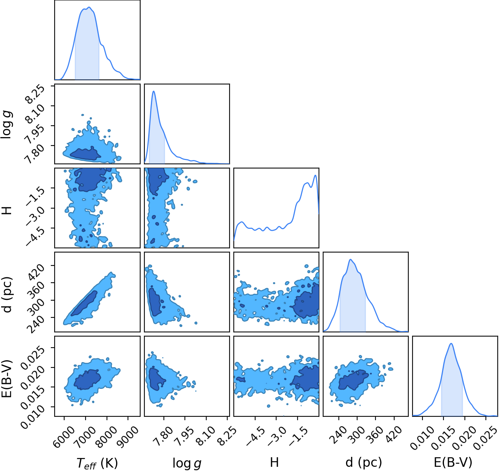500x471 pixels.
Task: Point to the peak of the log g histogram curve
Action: click(x=154, y=91)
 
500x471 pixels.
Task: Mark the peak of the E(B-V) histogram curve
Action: click(x=451, y=343)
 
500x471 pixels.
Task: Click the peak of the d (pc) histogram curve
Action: click(x=350, y=259)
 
